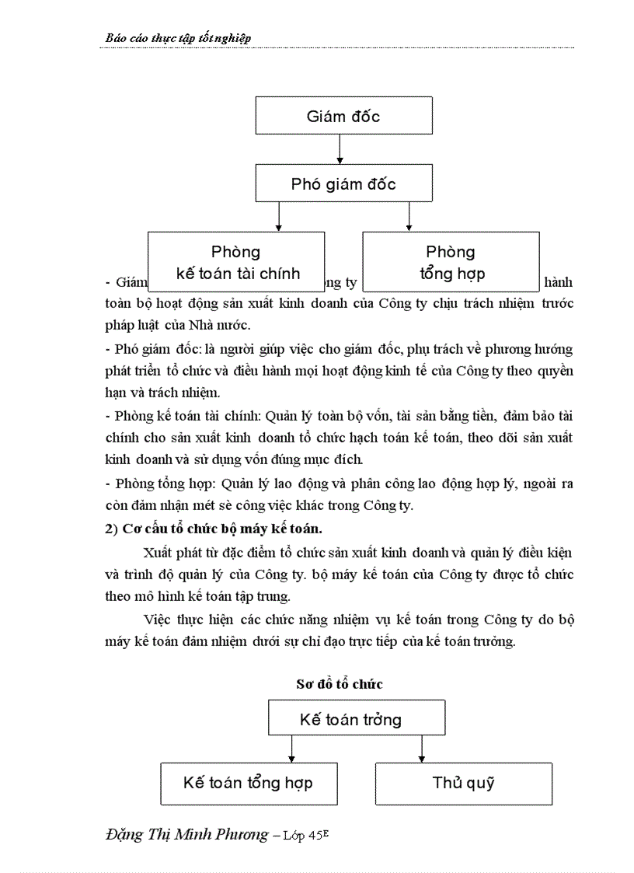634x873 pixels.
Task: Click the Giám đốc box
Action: tap(343, 117)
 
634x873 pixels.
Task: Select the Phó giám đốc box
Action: tap(343, 183)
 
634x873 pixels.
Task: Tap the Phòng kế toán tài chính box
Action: tap(236, 261)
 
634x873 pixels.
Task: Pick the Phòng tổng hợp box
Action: tap(451, 261)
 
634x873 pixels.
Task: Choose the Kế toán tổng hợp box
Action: tap(249, 782)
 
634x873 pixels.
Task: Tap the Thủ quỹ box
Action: tap(463, 782)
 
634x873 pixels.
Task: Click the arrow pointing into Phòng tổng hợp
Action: tap(408, 217)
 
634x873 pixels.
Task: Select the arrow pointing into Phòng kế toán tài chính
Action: tap(278, 217)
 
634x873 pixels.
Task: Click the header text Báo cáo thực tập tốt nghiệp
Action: tap(178, 38)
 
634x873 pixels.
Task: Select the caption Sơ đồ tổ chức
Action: tap(340, 684)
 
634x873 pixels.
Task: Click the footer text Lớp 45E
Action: tap(315, 836)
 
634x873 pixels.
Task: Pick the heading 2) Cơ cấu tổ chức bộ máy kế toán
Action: tap(213, 529)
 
